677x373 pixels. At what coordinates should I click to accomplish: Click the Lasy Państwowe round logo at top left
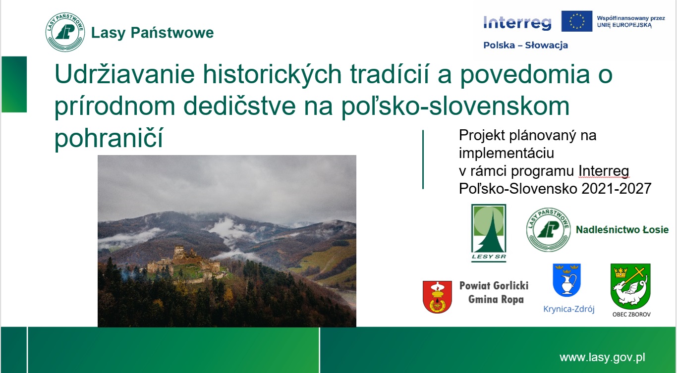point(65,32)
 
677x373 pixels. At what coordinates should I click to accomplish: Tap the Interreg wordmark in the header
point(517,23)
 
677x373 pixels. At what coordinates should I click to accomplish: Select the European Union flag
point(577,21)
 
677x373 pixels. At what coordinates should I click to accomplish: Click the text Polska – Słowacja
point(525,45)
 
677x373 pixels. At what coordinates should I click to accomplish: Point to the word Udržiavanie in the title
point(124,74)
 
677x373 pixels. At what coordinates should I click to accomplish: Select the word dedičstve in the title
point(239,106)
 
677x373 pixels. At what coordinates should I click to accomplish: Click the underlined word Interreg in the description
point(604,171)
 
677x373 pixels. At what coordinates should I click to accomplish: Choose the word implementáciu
point(506,153)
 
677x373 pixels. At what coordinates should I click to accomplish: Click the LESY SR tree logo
point(489,233)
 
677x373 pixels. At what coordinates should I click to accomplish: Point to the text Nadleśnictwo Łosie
point(622,230)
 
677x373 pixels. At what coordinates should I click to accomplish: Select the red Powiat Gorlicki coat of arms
point(437,297)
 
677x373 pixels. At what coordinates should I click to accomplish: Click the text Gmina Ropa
point(496,299)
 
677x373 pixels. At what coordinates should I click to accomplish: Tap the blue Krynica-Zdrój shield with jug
point(566,280)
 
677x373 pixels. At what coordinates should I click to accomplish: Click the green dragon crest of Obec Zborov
point(630,286)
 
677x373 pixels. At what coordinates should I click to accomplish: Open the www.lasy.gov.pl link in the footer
point(602,358)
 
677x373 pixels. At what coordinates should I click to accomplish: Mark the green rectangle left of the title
point(14,84)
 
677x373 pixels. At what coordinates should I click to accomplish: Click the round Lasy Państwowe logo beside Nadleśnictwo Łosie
point(548,230)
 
